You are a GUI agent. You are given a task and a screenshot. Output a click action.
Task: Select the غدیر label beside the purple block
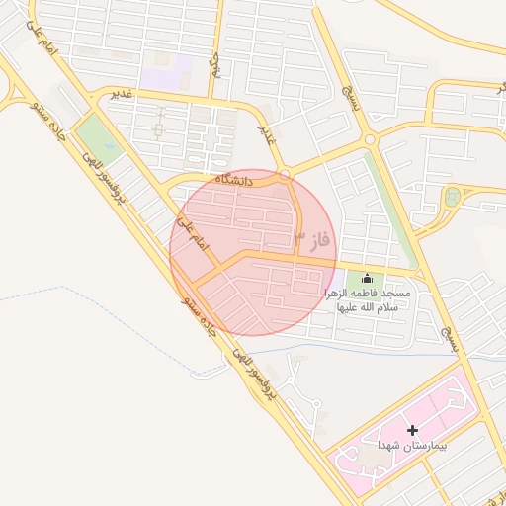(122, 94)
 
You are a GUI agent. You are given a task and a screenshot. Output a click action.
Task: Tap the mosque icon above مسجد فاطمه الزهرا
(368, 280)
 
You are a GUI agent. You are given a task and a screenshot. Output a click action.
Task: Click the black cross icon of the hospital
(412, 430)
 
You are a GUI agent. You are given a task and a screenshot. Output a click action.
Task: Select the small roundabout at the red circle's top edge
(285, 175)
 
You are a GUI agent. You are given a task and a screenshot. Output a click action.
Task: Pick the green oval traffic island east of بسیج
(452, 196)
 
